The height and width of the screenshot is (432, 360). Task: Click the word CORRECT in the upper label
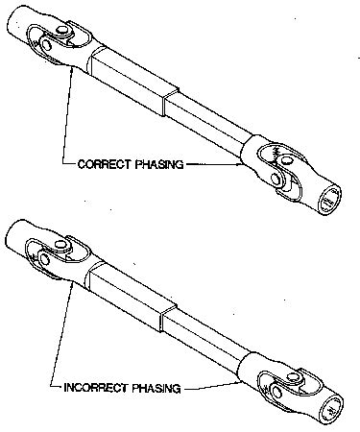(98, 164)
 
